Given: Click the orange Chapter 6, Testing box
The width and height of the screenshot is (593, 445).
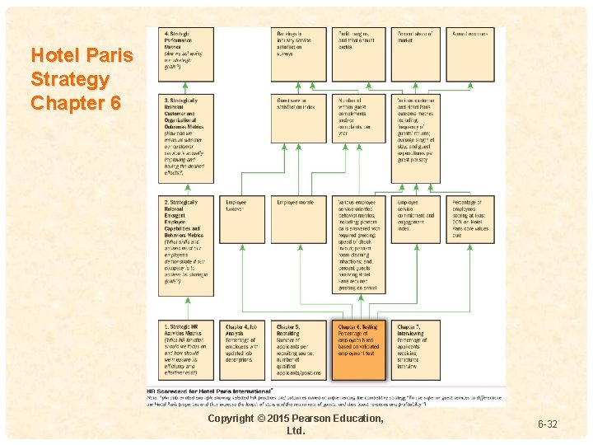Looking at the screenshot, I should pos(359,349).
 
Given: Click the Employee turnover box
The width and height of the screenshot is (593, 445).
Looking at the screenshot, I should pos(245,219).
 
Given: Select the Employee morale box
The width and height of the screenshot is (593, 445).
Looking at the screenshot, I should pos(299,219).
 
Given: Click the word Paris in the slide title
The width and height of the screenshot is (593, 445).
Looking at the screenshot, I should pos(108,57).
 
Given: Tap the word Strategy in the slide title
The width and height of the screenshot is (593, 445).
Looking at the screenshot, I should pos(70,80).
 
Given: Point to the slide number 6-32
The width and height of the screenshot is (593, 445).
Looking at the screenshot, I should pos(548,424).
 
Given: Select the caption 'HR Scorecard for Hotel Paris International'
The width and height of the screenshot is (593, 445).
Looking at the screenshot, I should pos(209,391).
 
